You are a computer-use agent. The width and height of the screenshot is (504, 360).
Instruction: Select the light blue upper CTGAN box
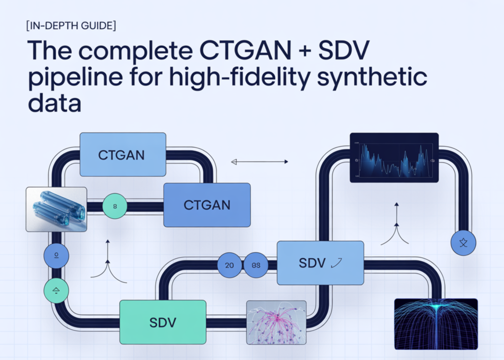tap(122, 155)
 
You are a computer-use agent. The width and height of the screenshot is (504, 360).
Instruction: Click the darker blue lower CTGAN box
tap(207, 205)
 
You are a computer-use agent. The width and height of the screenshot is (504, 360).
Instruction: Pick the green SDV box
tap(162, 322)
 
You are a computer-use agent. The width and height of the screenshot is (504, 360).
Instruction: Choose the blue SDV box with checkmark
tap(320, 263)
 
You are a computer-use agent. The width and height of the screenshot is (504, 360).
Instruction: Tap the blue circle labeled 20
tap(229, 264)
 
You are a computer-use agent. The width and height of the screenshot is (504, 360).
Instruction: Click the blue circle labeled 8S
tap(256, 264)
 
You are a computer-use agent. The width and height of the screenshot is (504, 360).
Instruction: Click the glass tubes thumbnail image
tap(56, 209)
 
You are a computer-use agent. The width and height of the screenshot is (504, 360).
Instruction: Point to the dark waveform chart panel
tap(394, 158)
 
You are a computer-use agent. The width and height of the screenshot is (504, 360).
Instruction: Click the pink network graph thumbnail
tap(276, 322)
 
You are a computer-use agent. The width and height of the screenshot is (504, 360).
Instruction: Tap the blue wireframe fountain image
tap(436, 324)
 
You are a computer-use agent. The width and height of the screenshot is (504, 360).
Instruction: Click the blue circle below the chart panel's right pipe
tap(463, 242)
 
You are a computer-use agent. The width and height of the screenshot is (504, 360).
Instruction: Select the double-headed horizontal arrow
tap(259, 161)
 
